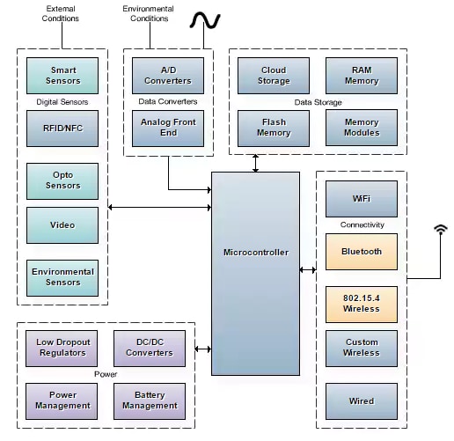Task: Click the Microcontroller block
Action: coord(255,253)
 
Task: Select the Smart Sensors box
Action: coord(63,76)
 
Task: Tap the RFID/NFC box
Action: coord(63,129)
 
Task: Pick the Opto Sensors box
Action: coord(63,180)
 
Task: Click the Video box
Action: coord(63,225)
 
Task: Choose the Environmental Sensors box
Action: coord(63,277)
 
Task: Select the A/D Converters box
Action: coord(168,76)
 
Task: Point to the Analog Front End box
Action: coord(168,128)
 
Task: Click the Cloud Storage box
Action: coord(274,76)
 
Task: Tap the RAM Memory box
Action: coord(362,76)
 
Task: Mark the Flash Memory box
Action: coord(274,128)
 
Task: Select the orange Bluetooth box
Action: coord(362,252)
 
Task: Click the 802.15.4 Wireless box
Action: coord(362,304)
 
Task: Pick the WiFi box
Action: coord(362,199)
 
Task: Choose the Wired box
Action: coord(362,401)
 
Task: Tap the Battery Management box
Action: coord(150,401)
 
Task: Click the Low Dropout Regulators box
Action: coord(62,348)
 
